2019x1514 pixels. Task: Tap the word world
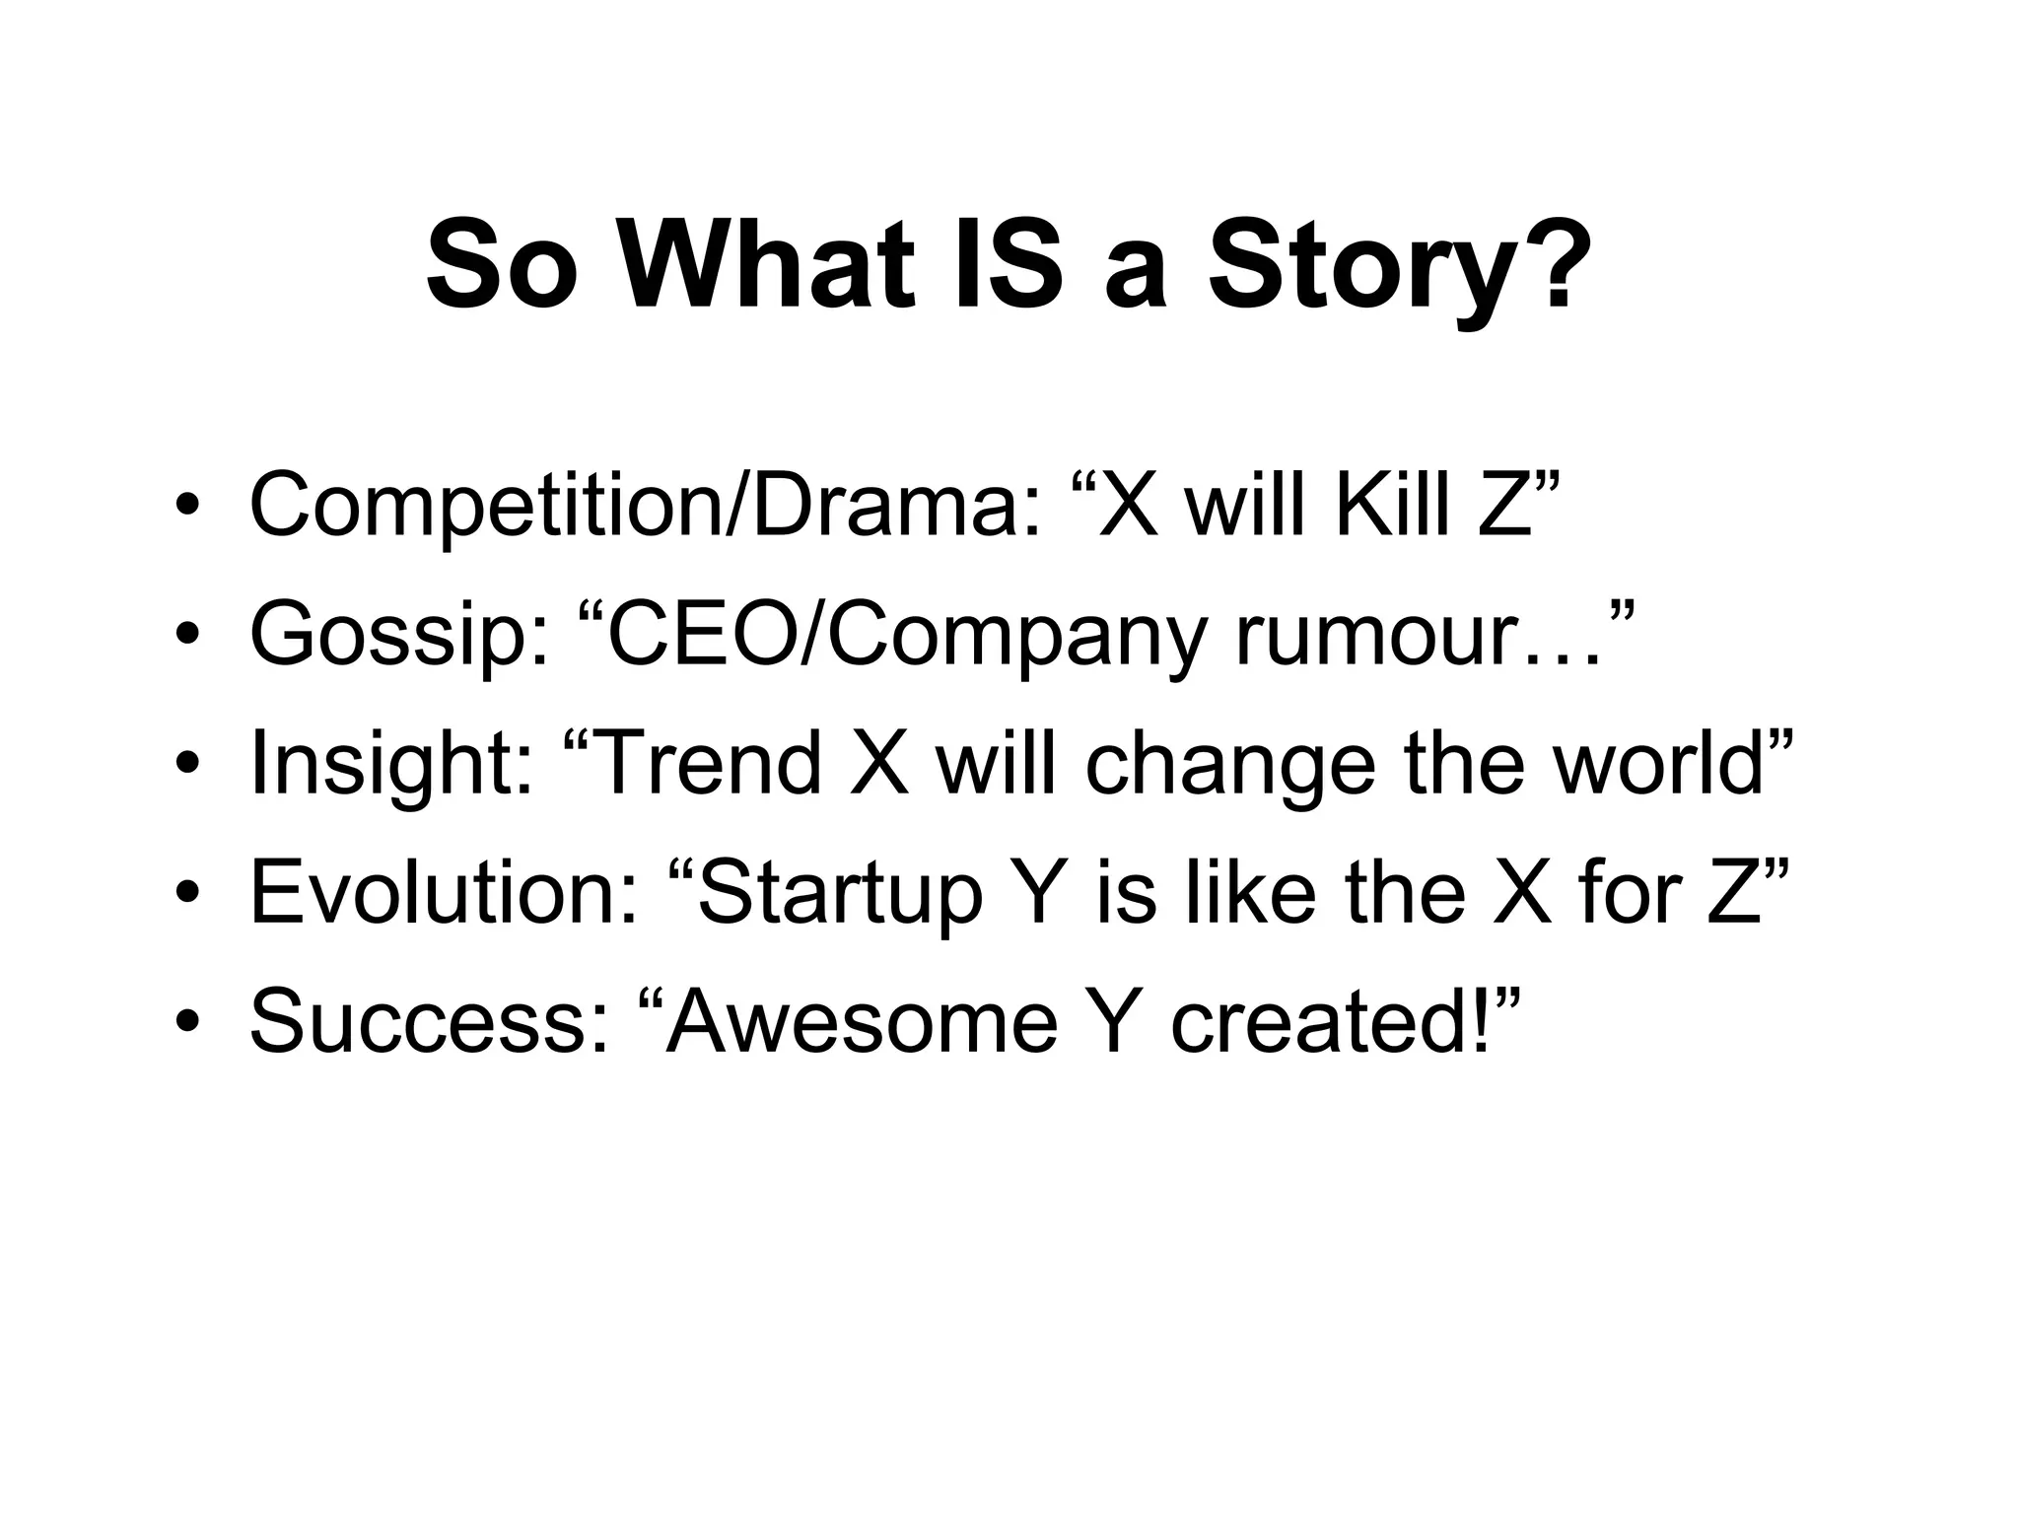(1657, 764)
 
